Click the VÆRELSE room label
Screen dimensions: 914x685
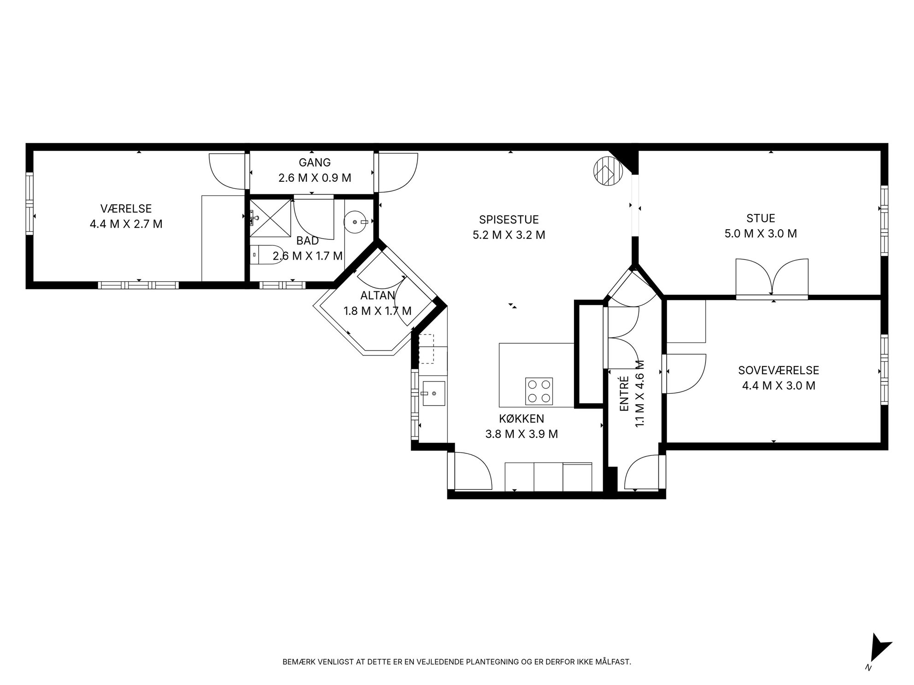pos(126,209)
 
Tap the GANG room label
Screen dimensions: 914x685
pos(315,163)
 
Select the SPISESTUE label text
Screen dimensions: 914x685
pos(509,220)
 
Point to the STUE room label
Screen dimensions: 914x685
pos(761,218)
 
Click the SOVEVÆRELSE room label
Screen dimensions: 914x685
pos(779,370)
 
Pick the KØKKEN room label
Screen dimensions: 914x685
pos(521,418)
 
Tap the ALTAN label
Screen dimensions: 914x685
pos(378,296)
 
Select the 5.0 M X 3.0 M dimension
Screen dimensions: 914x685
pos(761,233)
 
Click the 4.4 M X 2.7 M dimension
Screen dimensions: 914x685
pos(126,224)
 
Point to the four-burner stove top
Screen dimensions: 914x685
pos(539,391)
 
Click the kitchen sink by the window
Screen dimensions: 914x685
pos(433,394)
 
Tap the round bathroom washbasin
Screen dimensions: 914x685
pos(355,221)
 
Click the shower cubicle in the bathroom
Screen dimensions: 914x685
pos(271,219)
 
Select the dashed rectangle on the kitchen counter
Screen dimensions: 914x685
pos(426,349)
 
